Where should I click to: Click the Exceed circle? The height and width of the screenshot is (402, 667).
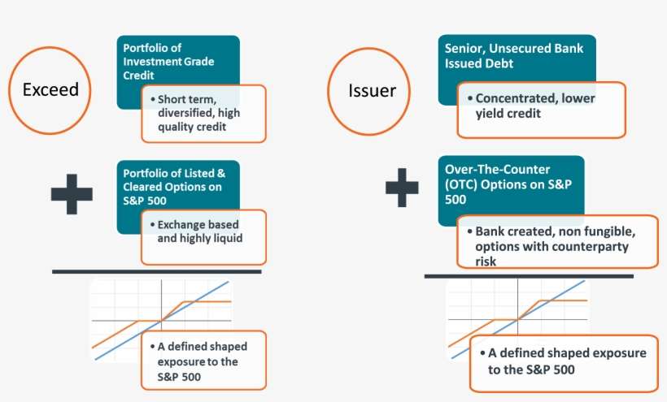(50, 89)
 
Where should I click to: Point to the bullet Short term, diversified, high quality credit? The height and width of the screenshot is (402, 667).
(203, 113)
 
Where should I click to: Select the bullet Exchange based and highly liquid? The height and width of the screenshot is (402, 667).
(203, 231)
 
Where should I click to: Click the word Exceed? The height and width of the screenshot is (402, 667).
(50, 89)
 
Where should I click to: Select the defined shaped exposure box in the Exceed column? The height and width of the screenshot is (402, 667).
(203, 361)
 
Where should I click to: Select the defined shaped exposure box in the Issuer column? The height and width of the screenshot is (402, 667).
(563, 361)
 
